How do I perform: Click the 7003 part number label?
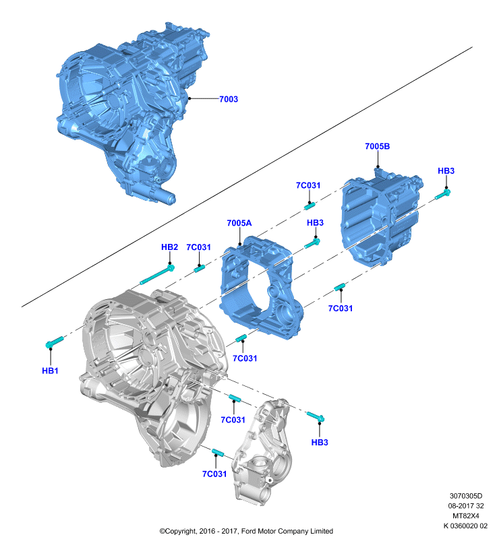click(x=229, y=99)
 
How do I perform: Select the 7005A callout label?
click(x=239, y=223)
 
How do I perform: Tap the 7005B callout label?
click(x=378, y=146)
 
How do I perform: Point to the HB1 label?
click(x=50, y=371)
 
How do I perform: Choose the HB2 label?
click(x=169, y=247)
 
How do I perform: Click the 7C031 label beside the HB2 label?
click(x=198, y=247)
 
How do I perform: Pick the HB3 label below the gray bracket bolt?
click(x=320, y=443)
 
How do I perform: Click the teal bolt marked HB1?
click(x=55, y=342)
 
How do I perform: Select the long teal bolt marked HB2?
click(x=157, y=275)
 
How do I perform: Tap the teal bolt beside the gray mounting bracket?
click(x=316, y=416)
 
